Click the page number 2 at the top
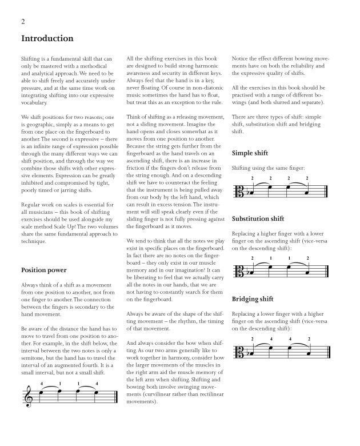(23, 21)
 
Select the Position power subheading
(44, 270)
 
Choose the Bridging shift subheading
(253, 299)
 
